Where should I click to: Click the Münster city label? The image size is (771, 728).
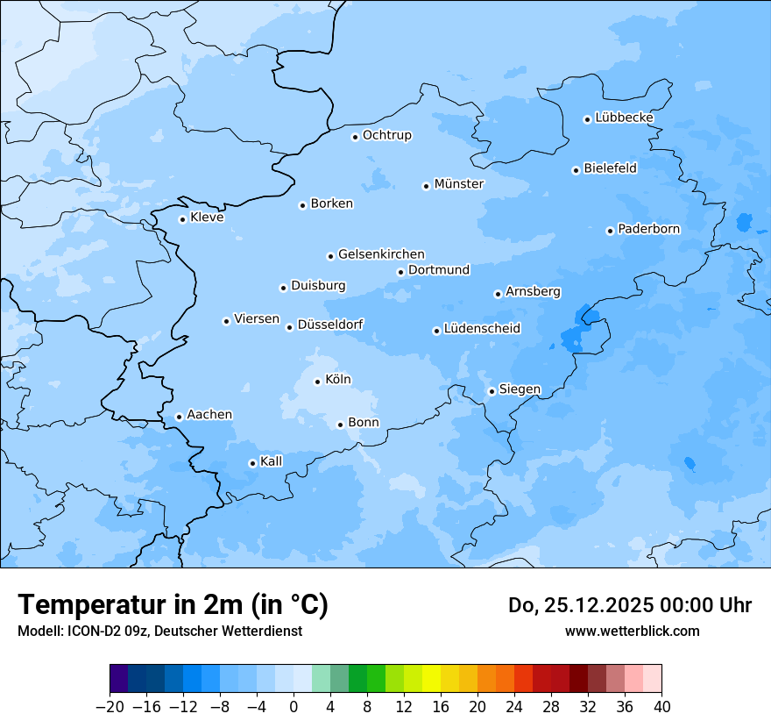pos(458,184)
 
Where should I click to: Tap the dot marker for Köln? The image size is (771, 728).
pos(317,382)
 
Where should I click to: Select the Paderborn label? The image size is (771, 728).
pos(648,229)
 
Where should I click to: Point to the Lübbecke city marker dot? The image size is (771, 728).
pos(587,119)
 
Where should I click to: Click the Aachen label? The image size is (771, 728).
pos(209,415)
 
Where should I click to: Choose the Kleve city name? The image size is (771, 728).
pos(207,218)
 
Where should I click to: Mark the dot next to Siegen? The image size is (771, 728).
pos(492,391)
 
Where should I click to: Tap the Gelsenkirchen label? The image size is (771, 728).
pos(381,254)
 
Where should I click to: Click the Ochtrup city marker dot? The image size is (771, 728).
pos(355,137)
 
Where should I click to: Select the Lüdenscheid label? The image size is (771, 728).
pos(482,329)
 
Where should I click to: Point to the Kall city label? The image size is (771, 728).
pos(272,461)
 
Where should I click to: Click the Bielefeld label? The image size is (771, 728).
pos(610,168)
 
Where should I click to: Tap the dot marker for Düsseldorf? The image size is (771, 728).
pos(289,327)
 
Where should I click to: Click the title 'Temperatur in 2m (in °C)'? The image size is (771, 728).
pos(173,604)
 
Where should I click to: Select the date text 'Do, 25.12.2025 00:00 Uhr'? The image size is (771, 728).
pos(630,605)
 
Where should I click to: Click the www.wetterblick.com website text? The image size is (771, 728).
pos(632,631)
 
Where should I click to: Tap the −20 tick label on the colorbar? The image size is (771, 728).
pos(110,707)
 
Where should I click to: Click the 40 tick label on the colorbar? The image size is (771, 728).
pos(661,707)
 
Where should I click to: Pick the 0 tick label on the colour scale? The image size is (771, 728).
pos(294,707)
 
